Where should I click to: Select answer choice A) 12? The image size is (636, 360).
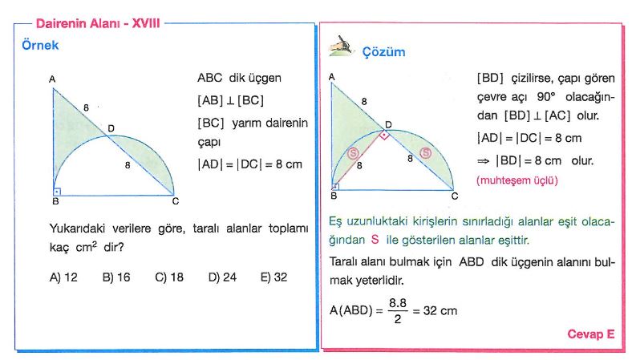pos(63,277)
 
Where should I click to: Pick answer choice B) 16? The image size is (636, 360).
pos(116,277)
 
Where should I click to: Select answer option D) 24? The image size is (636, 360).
pos(222,277)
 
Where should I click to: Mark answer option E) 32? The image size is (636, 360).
pos(273,277)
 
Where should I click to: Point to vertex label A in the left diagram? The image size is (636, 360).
pos(51,79)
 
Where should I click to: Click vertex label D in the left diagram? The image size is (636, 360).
pos(111,128)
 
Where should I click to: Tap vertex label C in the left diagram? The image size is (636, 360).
pos(176,200)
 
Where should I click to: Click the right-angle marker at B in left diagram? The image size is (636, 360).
pos(57,191)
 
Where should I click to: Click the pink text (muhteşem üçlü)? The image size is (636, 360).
pos(516,180)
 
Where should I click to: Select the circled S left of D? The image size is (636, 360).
pos(350,152)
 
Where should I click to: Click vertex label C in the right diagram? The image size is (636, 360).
pos(454,196)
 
